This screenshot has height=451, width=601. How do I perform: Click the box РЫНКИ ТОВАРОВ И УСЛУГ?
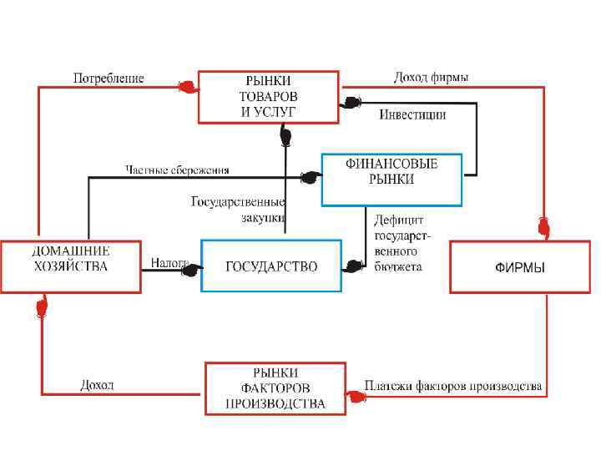click(x=268, y=96)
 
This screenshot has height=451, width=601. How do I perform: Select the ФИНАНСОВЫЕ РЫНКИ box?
click(x=391, y=179)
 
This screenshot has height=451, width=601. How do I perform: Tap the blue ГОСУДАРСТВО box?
click(x=271, y=266)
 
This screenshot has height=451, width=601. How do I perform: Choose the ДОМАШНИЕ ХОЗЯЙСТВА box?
click(x=70, y=266)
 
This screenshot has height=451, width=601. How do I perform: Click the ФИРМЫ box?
click(x=520, y=267)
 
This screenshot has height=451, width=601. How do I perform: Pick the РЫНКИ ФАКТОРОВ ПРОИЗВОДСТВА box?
click(x=275, y=388)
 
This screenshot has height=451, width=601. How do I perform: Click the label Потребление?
click(x=109, y=79)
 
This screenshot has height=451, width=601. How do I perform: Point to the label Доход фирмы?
click(x=431, y=78)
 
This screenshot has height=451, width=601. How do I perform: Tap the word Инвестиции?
click(x=412, y=114)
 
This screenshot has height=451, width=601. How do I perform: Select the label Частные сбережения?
click(x=177, y=170)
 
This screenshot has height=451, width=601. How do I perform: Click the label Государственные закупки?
click(x=239, y=209)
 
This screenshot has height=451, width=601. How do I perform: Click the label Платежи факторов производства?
click(x=453, y=387)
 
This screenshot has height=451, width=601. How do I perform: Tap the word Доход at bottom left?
click(x=97, y=385)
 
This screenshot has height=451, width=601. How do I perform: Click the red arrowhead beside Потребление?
click(x=186, y=85)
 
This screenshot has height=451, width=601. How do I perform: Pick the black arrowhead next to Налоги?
click(x=191, y=270)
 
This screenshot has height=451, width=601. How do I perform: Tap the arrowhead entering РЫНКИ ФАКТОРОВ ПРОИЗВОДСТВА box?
click(x=356, y=398)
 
